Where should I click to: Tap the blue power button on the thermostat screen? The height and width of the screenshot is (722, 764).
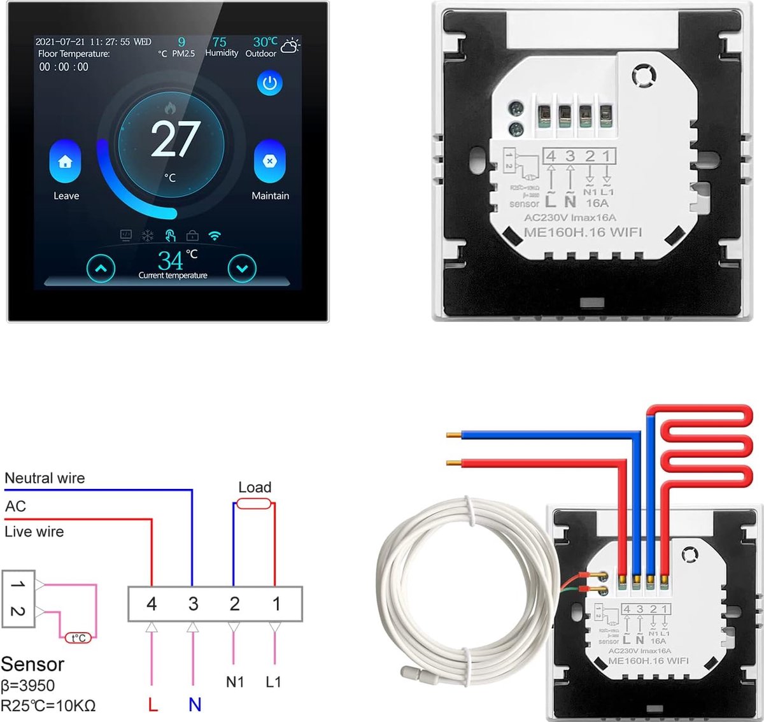tap(270, 83)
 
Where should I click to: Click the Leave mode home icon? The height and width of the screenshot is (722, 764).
tap(65, 162)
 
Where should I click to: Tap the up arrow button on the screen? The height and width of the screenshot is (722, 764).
tap(101, 269)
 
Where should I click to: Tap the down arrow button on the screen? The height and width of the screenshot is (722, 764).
tap(242, 269)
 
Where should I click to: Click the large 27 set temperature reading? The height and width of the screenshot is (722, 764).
tap(175, 139)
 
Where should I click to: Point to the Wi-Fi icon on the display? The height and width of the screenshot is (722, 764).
tap(215, 236)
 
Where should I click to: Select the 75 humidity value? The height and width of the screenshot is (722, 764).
tap(220, 42)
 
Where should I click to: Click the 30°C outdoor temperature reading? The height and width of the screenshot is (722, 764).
tap(265, 42)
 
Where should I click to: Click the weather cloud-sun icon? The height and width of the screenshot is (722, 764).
tap(290, 45)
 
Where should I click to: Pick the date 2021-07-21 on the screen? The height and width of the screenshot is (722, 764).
tap(60, 42)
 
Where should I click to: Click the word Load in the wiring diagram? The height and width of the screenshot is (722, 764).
tap(255, 488)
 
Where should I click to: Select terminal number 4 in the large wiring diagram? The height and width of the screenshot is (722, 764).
tap(152, 604)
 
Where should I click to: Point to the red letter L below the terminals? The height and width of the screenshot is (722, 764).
tap(152, 704)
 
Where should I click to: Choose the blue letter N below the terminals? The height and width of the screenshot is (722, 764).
tap(195, 704)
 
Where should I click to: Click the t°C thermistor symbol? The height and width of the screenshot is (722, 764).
tap(78, 637)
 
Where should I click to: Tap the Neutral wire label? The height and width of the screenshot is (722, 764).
tap(45, 478)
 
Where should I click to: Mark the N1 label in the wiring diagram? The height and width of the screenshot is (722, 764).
tap(235, 682)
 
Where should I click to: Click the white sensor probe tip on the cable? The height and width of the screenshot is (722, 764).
tap(408, 671)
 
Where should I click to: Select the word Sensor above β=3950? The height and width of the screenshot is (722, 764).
tap(32, 664)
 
